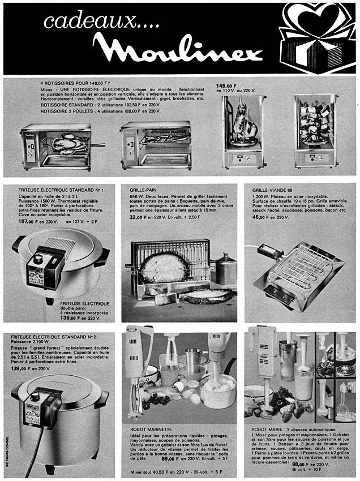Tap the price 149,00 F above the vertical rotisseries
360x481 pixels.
pos(227,86)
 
